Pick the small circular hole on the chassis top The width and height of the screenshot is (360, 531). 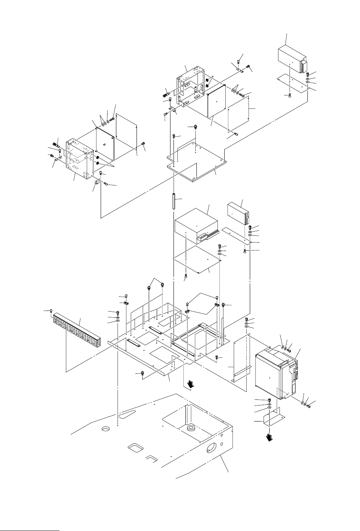coord(105,429)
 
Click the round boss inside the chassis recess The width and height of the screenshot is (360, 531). coord(189,428)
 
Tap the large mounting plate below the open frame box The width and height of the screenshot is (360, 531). coord(196,160)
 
